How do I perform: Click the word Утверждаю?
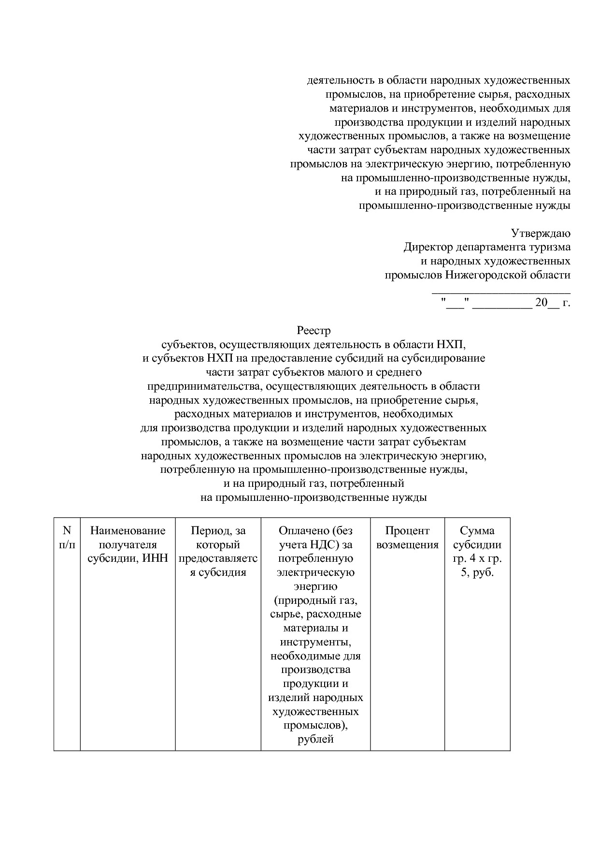coord(541,234)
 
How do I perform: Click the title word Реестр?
coord(314,331)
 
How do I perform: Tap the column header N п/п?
coord(67,538)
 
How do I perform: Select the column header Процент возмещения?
coord(407,538)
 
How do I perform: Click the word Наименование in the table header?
coord(128,531)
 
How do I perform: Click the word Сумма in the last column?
coord(477,531)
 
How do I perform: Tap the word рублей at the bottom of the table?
coord(315,740)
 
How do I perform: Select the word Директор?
coord(428,248)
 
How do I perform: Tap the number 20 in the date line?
coord(541,304)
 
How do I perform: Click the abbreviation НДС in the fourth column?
coord(325,545)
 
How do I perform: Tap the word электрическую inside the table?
coord(315,572)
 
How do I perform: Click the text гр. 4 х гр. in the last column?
coord(477,559)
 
